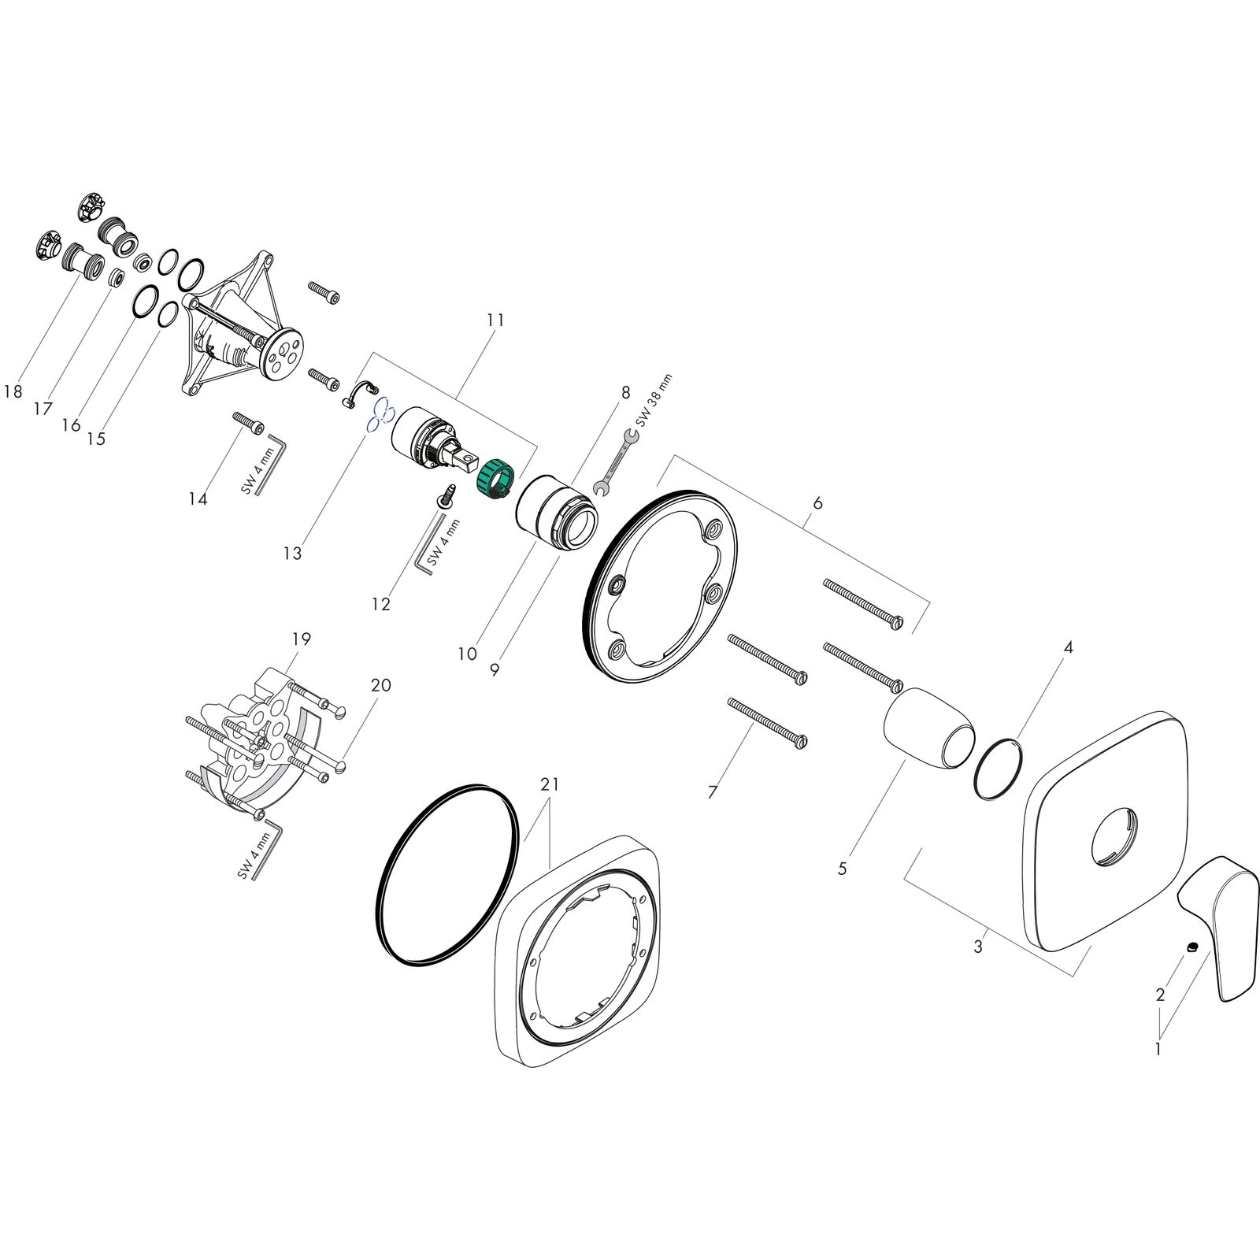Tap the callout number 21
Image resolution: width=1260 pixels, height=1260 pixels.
click(x=550, y=784)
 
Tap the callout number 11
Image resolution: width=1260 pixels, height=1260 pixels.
click(x=495, y=320)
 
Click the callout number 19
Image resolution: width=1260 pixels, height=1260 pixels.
click(x=301, y=639)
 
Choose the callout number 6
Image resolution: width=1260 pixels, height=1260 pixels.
click(x=817, y=502)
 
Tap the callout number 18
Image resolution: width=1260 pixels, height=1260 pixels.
click(x=13, y=391)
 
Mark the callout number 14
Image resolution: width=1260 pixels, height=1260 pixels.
click(x=198, y=498)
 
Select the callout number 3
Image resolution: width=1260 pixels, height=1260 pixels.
click(x=978, y=947)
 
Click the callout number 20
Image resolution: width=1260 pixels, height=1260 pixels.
click(x=380, y=685)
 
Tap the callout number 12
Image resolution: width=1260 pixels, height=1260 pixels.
click(x=380, y=604)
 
